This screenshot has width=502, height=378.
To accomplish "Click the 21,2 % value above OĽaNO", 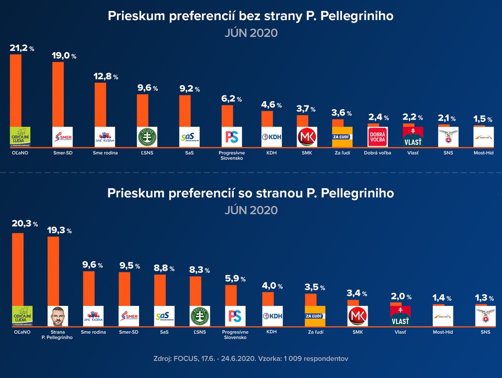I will click(x=22, y=48).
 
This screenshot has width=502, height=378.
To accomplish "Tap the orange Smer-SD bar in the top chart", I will click(x=58, y=93).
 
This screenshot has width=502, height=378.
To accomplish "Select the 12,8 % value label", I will click(x=105, y=76).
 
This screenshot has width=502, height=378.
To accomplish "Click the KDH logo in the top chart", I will click(x=272, y=137).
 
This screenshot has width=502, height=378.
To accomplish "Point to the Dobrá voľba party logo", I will click(x=377, y=137).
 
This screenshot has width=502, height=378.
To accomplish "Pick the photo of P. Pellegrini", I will click(x=58, y=316).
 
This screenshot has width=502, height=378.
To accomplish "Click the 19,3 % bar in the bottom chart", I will click(x=53, y=270).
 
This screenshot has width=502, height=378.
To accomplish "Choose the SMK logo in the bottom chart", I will click(x=358, y=316).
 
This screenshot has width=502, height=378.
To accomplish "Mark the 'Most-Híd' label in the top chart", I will click(x=483, y=153).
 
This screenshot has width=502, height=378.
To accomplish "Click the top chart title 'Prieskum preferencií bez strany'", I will click(x=251, y=16).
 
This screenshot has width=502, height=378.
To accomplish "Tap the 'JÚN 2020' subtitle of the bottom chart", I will click(x=251, y=210).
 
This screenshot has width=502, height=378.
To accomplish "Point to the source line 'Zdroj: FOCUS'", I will click(x=251, y=358).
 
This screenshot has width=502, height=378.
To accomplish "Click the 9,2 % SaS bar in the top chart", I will click(x=185, y=110).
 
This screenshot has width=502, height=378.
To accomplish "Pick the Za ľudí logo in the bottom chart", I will click(x=315, y=316).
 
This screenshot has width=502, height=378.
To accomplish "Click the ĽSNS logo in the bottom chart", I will click(x=200, y=316).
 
